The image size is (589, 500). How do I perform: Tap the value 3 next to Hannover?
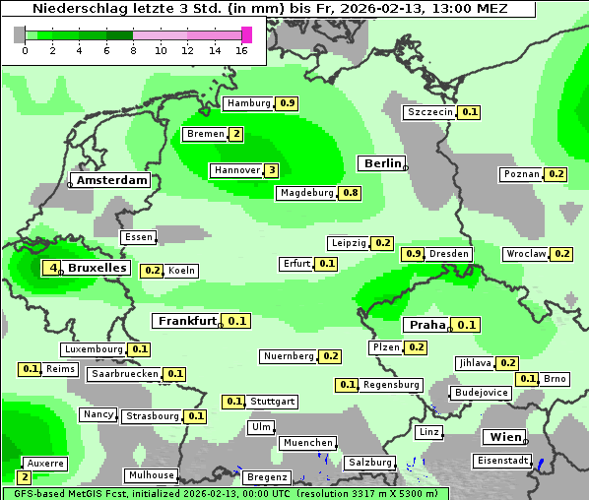(x=272, y=170)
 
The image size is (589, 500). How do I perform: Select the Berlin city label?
(x=382, y=163)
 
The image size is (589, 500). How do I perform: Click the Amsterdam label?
(x=111, y=180)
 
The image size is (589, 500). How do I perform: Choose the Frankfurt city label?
(x=187, y=321)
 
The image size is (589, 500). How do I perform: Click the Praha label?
(x=426, y=325)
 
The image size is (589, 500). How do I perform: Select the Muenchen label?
(x=307, y=443)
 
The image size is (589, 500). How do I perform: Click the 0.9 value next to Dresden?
(x=414, y=254)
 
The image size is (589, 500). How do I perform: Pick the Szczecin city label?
(x=430, y=112)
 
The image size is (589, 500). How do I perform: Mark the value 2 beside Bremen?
(x=236, y=134)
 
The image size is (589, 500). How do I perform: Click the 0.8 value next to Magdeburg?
(x=350, y=193)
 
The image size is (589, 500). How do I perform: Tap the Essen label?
(x=139, y=237)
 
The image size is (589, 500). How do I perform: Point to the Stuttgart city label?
(x=272, y=402)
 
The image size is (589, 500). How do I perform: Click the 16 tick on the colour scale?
(x=242, y=50)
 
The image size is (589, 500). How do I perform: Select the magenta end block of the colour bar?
(x=246, y=34)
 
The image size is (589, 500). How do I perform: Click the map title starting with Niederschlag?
(x=270, y=9)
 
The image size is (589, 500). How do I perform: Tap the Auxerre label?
(x=44, y=463)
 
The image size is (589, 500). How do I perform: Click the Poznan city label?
(x=521, y=174)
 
